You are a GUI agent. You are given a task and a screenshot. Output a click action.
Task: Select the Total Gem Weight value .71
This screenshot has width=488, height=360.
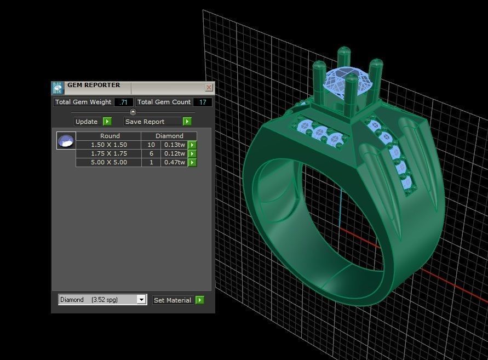click(124, 102)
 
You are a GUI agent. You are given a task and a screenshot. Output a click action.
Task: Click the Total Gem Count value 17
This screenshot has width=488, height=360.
click(203, 102)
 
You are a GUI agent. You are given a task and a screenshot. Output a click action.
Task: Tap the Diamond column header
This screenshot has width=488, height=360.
click(169, 136)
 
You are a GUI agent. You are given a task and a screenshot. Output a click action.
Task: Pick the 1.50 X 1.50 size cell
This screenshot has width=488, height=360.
click(108, 145)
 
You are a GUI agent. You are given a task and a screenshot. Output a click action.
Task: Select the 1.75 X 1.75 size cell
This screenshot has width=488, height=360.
click(108, 153)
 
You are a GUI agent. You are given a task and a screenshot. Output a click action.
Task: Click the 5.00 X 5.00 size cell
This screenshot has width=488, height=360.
click(108, 162)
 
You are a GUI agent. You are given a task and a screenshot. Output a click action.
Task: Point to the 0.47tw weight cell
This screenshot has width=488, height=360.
click(175, 162)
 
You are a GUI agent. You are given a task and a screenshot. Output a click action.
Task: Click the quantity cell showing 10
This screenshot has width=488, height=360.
click(151, 145)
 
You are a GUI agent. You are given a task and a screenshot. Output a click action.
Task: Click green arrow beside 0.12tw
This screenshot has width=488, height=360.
click(192, 153)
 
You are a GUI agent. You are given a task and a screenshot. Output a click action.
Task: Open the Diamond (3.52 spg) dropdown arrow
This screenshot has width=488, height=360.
click(141, 300)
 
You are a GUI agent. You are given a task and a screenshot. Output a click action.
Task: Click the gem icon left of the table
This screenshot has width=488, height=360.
click(66, 141)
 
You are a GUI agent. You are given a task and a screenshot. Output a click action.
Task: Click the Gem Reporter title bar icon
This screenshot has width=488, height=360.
click(58, 88)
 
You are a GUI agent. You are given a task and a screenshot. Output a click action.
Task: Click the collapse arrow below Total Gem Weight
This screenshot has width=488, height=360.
click(133, 112)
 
